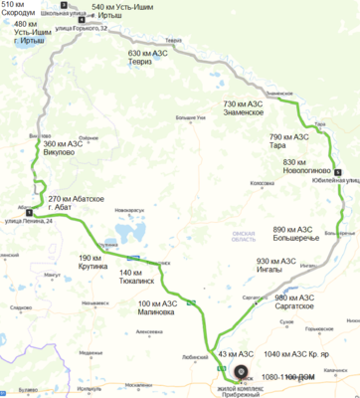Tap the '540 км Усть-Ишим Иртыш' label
pyautogui.click(x=122, y=12)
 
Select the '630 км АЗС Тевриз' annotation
pyautogui.click(x=151, y=56)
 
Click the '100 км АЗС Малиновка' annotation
pyautogui.click(x=164, y=305)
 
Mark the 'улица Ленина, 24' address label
pyautogui.click(x=30, y=221)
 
